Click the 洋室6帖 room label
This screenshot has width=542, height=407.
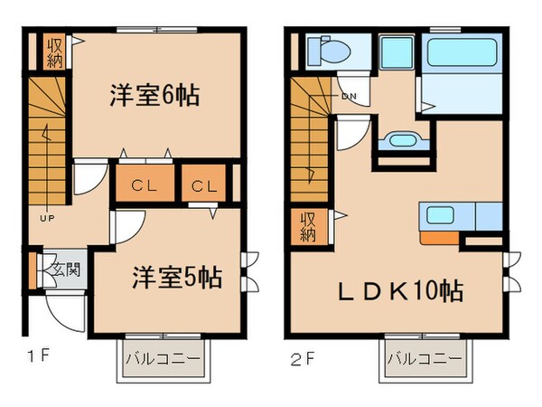(154, 93)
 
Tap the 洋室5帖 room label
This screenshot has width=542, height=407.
(178, 274)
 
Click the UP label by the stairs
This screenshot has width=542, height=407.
(43, 218)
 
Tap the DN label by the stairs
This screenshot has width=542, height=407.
(348, 97)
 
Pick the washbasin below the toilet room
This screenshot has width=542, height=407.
(398, 140)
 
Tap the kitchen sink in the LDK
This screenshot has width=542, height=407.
(443, 216)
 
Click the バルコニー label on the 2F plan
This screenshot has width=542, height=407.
(419, 359)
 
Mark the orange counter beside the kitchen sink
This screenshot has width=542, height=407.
(440, 239)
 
